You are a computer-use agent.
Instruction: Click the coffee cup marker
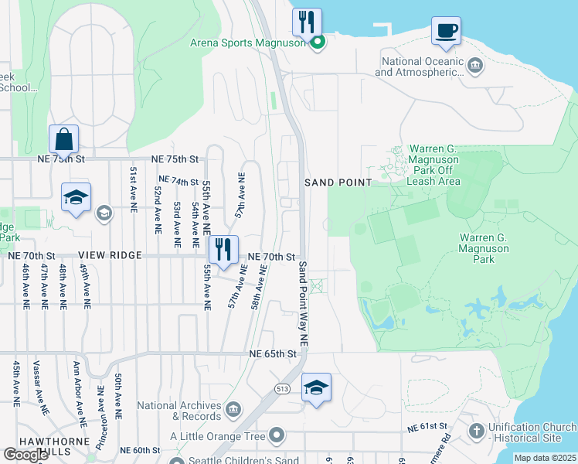coord(446,31)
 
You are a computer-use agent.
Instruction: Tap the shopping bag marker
coord(63,140)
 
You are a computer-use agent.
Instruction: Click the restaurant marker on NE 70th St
coord(223,249)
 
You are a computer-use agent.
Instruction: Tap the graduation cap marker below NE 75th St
coord(76,197)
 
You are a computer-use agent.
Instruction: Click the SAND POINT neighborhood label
coord(338,183)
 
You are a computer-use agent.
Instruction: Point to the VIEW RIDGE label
coord(109,255)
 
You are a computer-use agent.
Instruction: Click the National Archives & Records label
coord(180,410)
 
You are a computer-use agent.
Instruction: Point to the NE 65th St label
coord(273,353)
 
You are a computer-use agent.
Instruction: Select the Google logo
coord(25,455)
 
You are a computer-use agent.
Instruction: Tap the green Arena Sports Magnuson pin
coord(318,43)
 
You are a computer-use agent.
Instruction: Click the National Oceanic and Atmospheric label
coord(418,67)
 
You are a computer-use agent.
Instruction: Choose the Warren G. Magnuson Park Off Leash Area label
coord(423,165)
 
